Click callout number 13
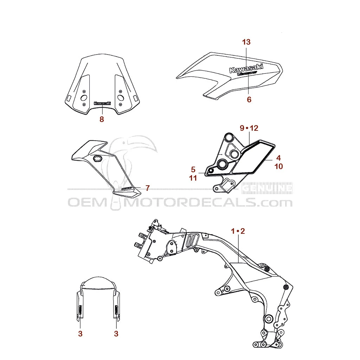pyautogui.click(x=246, y=42)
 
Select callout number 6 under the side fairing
pyautogui.click(x=249, y=99)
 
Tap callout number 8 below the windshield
pyautogui.click(x=102, y=119)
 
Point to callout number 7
pyautogui.click(x=147, y=188)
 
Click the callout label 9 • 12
pyautogui.click(x=249, y=128)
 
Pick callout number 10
pyautogui.click(x=278, y=166)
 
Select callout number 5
pyautogui.click(x=193, y=169)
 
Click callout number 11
pyautogui.click(x=193, y=178)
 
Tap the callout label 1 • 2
pyautogui.click(x=238, y=231)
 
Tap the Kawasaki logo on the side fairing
pyautogui.click(x=246, y=68)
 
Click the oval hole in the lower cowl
pyautogui.click(x=97, y=159)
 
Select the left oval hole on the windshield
pyautogui.click(x=84, y=97)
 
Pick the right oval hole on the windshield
pyautogui.click(x=120, y=97)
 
